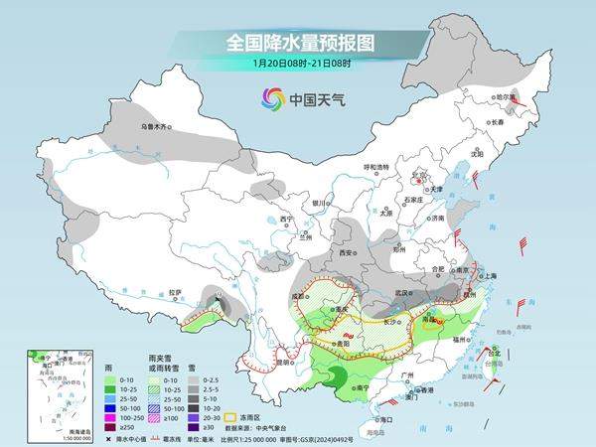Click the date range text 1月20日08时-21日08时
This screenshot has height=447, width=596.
[298, 64]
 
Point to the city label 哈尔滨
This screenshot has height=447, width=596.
[509, 97]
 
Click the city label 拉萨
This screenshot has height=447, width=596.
[176, 292]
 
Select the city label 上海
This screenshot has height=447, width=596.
[489, 275]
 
